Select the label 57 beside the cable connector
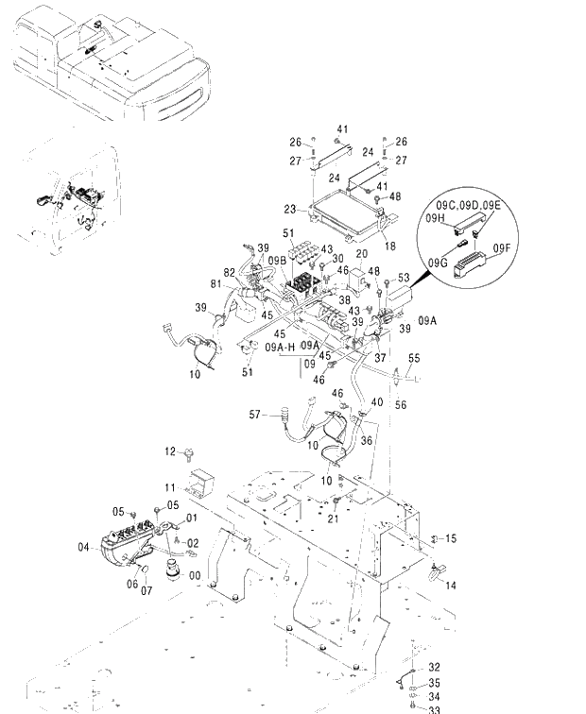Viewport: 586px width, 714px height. coord(254,415)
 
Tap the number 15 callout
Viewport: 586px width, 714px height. coord(451,538)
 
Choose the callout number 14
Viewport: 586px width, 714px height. coord(451,586)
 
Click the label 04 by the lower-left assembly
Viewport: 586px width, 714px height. coord(83,546)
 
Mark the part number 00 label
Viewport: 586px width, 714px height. coord(195,575)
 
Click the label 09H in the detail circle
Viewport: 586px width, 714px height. coord(436,219)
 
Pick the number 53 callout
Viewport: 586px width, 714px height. coord(404,278)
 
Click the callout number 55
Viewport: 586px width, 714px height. coord(414,359)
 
